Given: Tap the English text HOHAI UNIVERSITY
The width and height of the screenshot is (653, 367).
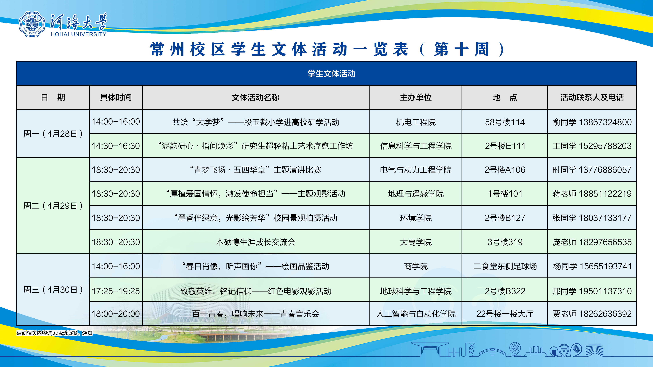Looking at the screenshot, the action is click(79, 34).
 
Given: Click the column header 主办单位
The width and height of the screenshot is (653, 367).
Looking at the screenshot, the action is click(416, 97).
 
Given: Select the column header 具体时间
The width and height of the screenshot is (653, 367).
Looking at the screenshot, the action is click(116, 97).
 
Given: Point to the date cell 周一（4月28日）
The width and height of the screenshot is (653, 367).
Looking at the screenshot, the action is click(53, 134).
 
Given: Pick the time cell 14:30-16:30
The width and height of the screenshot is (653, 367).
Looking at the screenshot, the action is click(116, 146).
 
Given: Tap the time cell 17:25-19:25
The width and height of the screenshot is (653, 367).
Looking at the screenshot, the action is click(116, 291).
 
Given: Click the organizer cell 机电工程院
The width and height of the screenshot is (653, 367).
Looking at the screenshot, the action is click(416, 122).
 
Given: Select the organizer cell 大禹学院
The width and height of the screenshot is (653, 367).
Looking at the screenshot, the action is click(416, 242).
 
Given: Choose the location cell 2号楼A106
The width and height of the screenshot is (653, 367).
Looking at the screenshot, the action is click(505, 170).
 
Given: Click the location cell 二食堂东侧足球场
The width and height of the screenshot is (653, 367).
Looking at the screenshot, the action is click(505, 266).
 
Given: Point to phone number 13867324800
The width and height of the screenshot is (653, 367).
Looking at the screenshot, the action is click(605, 122).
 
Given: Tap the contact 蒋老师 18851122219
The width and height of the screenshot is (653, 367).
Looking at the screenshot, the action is click(592, 194).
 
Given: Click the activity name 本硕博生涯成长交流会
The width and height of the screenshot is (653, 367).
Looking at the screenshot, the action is click(256, 242).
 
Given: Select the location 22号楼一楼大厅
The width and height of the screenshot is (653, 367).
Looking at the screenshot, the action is click(505, 314).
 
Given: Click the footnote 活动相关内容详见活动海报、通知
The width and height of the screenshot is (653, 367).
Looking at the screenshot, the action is click(55, 333).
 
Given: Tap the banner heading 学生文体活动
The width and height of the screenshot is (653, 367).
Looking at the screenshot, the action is click(331, 74).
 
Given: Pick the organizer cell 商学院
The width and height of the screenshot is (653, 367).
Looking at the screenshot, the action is click(416, 266).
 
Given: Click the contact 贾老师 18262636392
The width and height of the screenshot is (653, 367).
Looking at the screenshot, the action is click(592, 314).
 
